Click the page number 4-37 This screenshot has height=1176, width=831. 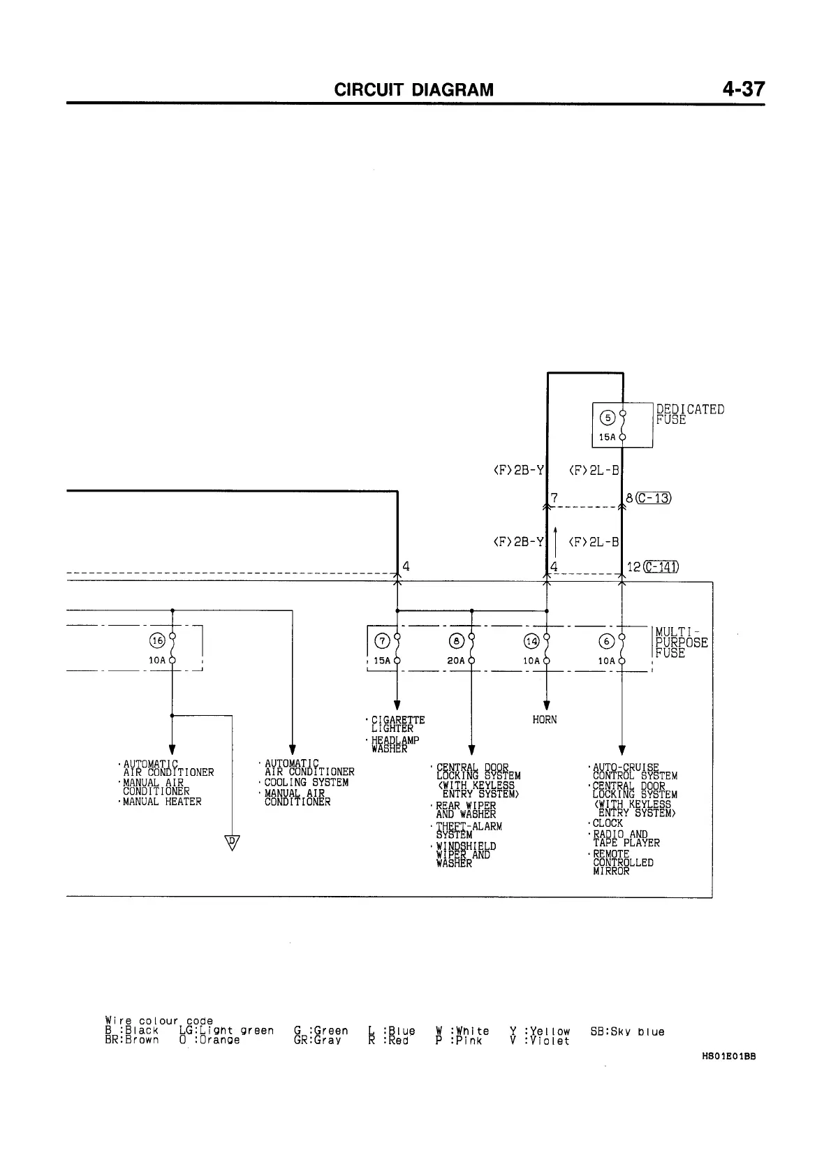[x=744, y=89]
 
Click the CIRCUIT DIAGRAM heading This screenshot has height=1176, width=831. [x=413, y=90]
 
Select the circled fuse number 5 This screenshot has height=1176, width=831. [x=608, y=418]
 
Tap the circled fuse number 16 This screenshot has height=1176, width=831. [x=157, y=640]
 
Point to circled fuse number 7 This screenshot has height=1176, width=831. [x=382, y=641]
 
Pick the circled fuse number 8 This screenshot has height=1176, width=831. [x=457, y=641]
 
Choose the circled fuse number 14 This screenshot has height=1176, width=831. [x=532, y=641]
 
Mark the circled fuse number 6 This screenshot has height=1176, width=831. [x=608, y=641]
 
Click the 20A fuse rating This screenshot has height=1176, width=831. [x=457, y=661]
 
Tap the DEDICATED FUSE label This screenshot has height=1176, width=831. [x=690, y=414]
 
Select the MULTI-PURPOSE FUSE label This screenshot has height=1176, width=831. [x=681, y=642]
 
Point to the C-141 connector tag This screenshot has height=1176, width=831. [x=661, y=566]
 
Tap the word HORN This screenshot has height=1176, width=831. [x=545, y=720]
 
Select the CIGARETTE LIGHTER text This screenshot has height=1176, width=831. [x=397, y=724]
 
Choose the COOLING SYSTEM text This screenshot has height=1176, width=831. [x=306, y=783]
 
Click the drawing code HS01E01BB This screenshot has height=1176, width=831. [x=728, y=1057]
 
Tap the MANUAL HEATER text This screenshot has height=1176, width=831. [x=162, y=802]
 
